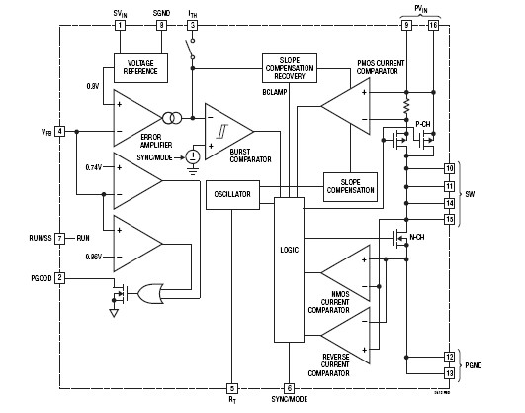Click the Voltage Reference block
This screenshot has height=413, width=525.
[x=140, y=66]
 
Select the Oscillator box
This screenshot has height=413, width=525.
[x=231, y=194]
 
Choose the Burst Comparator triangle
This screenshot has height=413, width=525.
[x=225, y=130]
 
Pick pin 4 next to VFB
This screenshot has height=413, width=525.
[x=60, y=131]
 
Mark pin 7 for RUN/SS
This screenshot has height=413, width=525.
[x=60, y=238]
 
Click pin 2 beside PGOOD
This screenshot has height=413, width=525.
[x=60, y=277]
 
